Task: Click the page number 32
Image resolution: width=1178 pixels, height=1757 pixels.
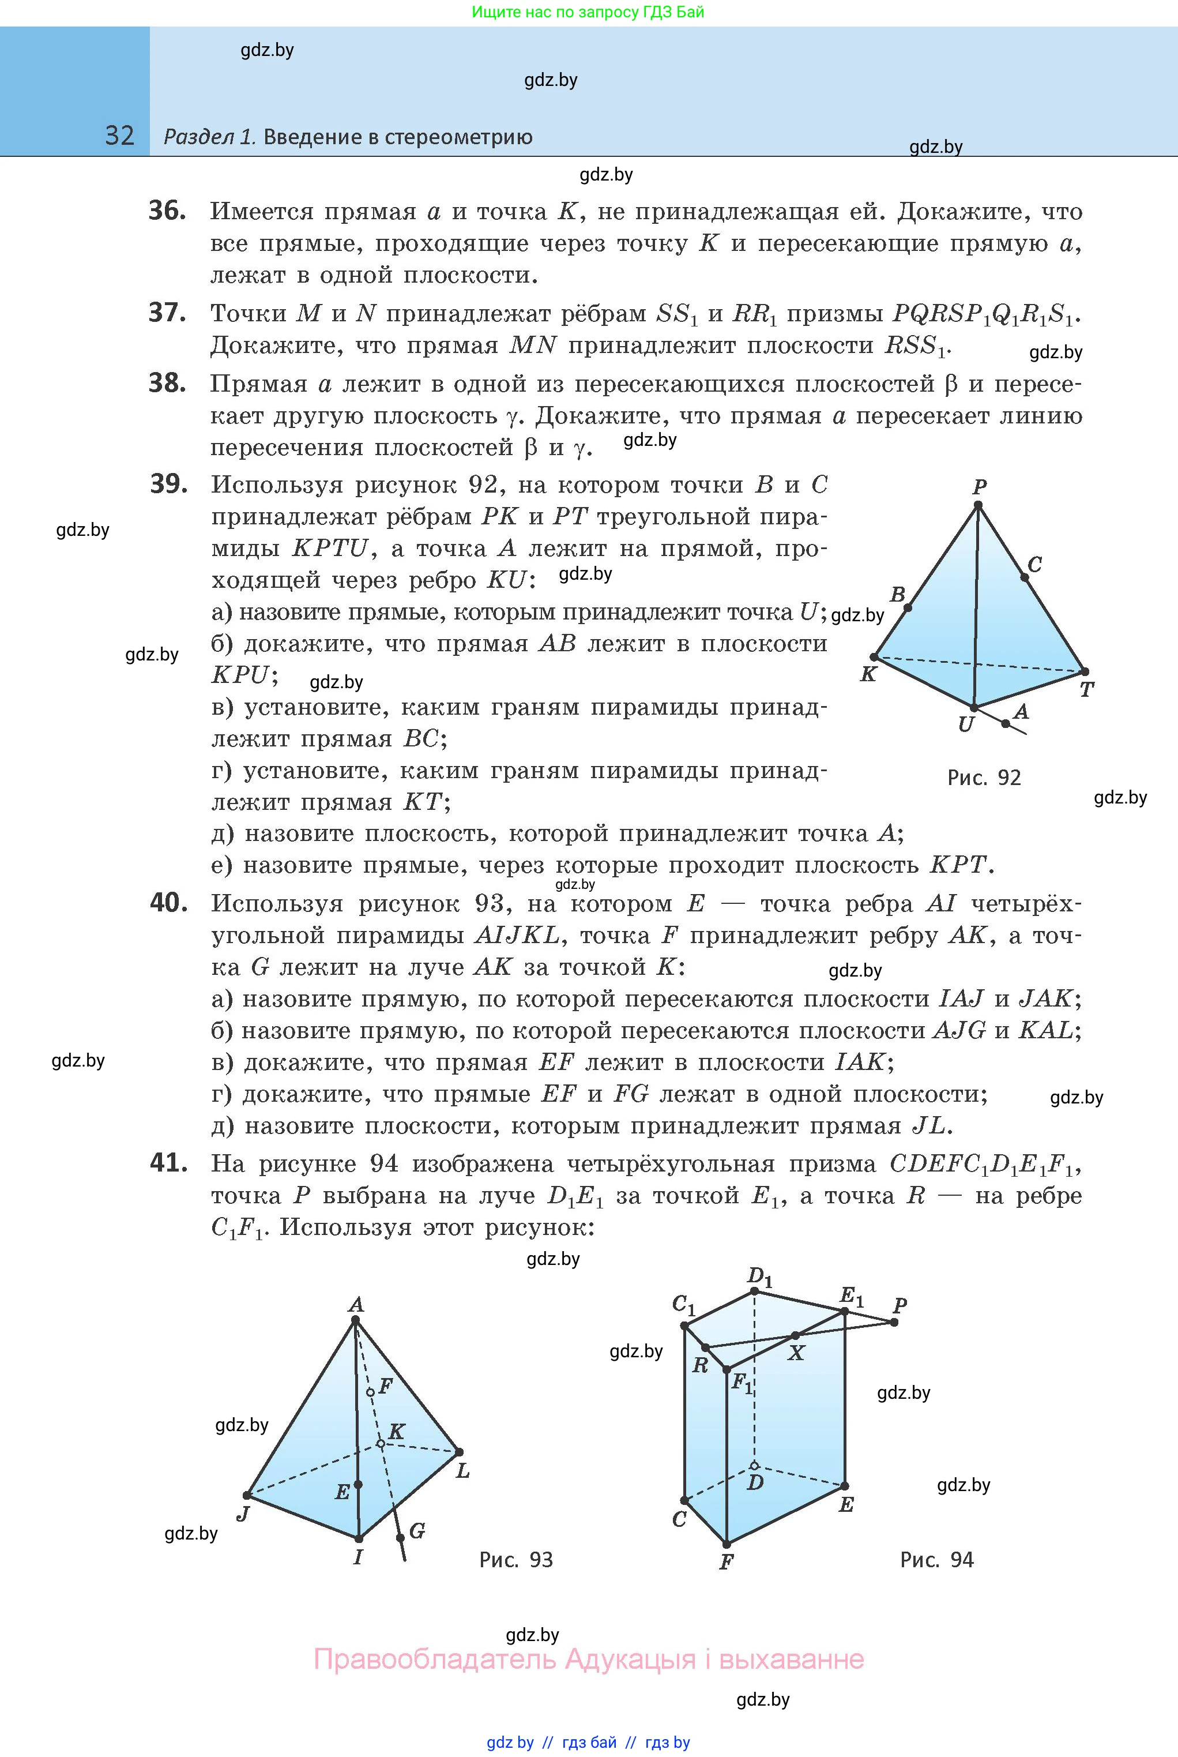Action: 119,136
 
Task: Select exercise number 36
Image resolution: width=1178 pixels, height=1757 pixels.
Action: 167,211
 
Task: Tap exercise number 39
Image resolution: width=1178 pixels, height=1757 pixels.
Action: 168,484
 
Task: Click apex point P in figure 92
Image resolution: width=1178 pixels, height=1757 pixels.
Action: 978,505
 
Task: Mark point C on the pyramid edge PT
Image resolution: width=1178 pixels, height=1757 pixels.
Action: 1024,577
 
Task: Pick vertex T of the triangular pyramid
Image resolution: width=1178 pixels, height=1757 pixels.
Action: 1084,671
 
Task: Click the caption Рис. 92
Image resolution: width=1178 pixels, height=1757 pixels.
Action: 984,778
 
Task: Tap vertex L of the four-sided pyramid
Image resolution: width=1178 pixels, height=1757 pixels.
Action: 459,1452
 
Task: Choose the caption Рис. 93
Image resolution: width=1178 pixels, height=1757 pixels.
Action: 515,1559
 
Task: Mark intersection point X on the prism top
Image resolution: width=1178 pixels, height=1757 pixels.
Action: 795,1336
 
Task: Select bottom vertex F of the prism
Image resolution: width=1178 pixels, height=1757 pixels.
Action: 727,1544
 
